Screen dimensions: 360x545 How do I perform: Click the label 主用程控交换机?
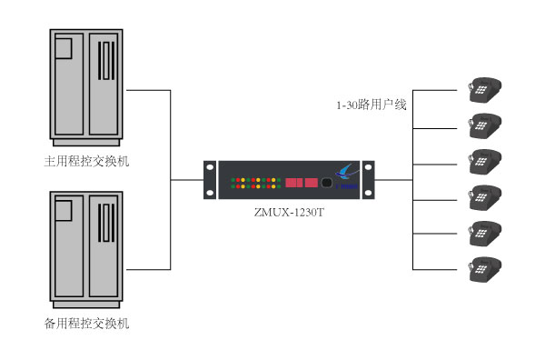[x=86, y=161]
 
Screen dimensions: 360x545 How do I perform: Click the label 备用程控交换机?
[x=86, y=323]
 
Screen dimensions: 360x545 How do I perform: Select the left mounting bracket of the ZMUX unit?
[x=211, y=180]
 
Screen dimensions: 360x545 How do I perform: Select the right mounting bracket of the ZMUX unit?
[x=368, y=180]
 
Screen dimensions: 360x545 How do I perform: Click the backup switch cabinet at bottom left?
[x=86, y=247]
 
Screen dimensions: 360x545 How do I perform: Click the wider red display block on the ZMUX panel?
[x=293, y=183]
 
